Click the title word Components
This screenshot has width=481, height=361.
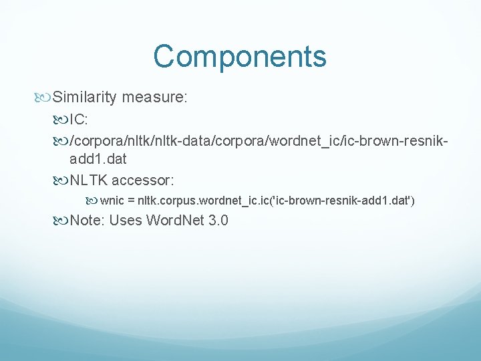tap(240, 56)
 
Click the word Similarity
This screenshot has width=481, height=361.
tap(85, 98)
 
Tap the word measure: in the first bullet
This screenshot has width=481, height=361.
tap(154, 98)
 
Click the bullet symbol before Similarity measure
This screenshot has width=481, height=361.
tap(44, 98)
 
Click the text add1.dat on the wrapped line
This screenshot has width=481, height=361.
tap(98, 159)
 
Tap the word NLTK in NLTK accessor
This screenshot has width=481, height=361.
tap(89, 180)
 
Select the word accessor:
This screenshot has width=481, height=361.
tap(143, 180)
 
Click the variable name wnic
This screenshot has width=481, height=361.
tap(112, 200)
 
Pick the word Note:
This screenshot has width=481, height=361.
tap(87, 220)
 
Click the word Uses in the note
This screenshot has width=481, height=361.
tap(125, 220)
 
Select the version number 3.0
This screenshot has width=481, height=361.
tap(217, 220)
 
